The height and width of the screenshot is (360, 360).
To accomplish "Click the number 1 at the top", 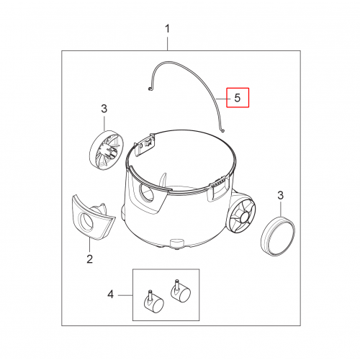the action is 168,29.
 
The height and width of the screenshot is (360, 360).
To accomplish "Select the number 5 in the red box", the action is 238,98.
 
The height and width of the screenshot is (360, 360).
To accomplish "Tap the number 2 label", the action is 89,259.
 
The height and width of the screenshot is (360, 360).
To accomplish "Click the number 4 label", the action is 110,294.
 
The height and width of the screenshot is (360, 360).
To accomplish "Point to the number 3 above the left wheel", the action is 104,109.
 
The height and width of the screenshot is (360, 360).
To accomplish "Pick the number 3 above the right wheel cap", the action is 281,195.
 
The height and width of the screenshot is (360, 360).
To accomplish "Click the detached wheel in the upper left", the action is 107,150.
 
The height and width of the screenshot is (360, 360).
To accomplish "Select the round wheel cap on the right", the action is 278,235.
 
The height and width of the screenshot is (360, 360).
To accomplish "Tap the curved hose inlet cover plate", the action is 92,217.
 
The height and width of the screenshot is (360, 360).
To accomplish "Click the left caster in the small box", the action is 153,303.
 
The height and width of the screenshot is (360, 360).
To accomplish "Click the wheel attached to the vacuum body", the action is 243,216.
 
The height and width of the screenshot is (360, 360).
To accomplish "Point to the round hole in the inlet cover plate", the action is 86,222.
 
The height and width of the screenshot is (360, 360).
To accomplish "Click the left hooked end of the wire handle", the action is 150,89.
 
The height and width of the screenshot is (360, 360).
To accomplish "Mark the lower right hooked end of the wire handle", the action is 222,130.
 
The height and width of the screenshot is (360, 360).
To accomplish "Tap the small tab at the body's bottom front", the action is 176,243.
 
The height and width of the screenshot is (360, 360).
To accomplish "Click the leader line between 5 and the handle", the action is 222,99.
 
